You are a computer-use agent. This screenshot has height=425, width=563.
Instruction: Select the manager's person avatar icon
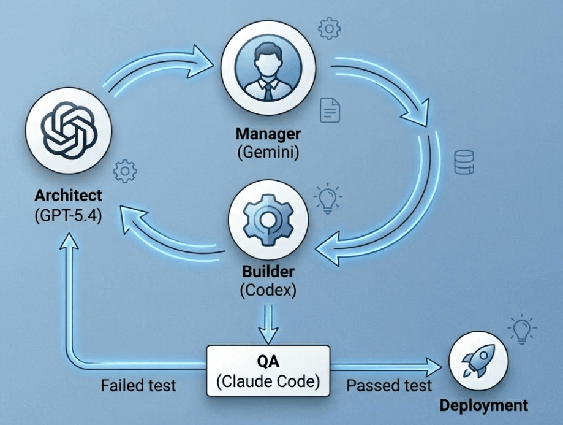268,67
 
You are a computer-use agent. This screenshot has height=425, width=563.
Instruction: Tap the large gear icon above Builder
268,220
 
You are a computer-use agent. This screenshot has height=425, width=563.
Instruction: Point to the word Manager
268,134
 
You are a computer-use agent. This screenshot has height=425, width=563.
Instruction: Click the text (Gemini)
268,153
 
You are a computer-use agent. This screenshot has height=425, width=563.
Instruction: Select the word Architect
69,195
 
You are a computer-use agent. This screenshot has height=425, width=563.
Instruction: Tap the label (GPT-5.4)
69,215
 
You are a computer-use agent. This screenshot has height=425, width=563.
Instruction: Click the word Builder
268,272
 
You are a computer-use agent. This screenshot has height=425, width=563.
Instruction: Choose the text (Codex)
268,290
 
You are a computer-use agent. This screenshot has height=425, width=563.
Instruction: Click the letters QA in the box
268,361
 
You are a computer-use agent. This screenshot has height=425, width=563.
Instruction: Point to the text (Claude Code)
268,381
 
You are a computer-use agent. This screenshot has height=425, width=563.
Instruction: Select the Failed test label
138,386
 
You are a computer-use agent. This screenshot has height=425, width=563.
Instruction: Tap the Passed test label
389,386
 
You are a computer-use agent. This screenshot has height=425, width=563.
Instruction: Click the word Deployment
483,405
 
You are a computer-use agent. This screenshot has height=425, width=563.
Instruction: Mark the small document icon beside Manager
330,110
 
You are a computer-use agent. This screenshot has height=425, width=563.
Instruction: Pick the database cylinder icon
464,163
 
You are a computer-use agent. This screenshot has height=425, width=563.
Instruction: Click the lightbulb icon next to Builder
328,199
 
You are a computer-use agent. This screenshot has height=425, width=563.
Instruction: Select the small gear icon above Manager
329,28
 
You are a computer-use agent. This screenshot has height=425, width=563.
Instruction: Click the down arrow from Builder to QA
268,324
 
